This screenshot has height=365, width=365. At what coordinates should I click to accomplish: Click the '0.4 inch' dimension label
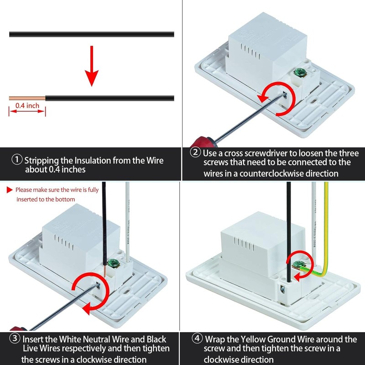[x=27, y=106]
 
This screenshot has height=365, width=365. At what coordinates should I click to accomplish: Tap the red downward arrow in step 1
[x=92, y=66]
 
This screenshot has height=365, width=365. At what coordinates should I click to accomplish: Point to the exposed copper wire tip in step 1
[x=27, y=98]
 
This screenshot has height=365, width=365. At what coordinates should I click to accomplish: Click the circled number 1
[x=17, y=160]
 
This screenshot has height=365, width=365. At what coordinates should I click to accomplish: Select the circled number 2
[x=195, y=152]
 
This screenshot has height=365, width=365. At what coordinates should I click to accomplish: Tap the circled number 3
[x=15, y=338]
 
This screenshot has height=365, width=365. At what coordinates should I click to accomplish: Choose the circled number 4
[x=197, y=338]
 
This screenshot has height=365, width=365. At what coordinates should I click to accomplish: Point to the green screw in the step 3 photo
[x=113, y=263]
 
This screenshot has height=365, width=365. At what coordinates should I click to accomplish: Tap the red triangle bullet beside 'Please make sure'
[x=10, y=190]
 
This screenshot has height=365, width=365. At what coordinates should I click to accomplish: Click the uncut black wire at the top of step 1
[x=92, y=34]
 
